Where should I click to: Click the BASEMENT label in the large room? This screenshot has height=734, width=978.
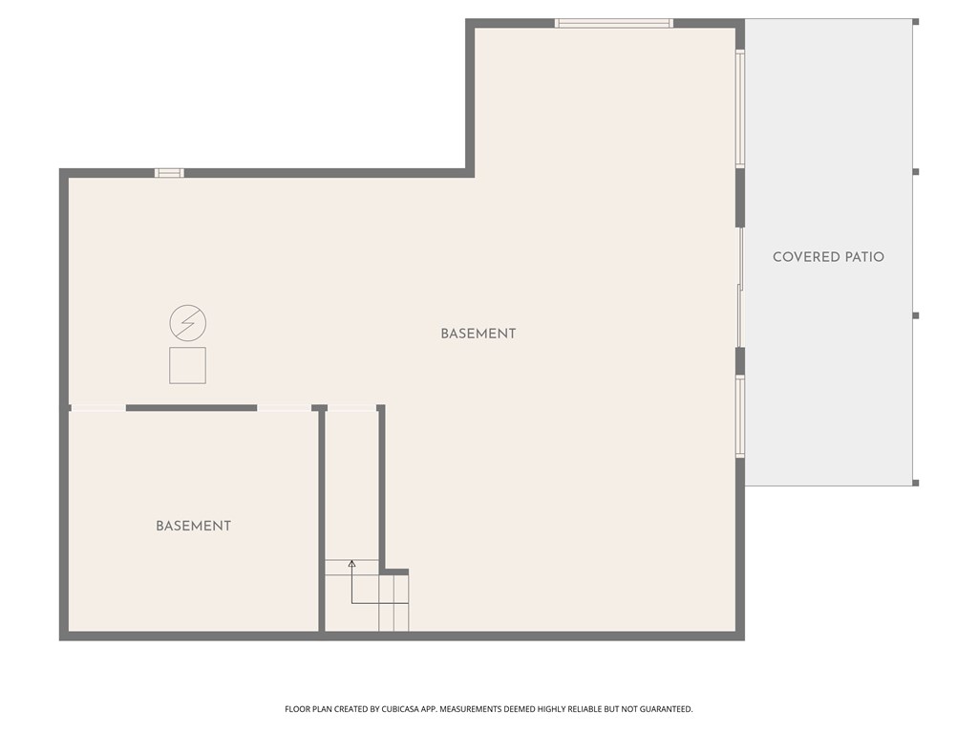tap(478, 334)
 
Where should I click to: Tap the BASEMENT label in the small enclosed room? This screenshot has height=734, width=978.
tap(193, 526)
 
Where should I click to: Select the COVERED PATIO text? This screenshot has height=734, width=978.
tap(828, 257)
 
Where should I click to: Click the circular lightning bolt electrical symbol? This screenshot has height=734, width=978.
tap(187, 323)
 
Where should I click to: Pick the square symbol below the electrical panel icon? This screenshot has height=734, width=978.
tap(187, 365)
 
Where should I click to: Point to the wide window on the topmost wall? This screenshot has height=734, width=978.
tap(614, 23)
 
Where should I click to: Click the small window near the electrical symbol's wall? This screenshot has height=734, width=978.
tap(169, 173)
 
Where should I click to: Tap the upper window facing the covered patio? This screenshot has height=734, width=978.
tap(740, 109)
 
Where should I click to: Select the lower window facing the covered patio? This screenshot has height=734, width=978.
tap(740, 416)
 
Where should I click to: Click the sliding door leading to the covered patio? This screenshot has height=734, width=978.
tap(740, 287)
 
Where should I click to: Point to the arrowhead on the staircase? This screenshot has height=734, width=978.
tap(351, 564)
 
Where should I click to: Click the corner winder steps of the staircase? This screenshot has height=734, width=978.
tap(394, 602)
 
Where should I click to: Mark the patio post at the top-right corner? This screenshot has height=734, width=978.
tap(915, 21)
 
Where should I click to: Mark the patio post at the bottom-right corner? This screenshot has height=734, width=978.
tap(915, 483)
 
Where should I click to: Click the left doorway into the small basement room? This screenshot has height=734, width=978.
tap(98, 408)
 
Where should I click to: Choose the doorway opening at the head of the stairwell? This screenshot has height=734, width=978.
tap(351, 408)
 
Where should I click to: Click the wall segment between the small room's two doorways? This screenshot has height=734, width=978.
tap(191, 408)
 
